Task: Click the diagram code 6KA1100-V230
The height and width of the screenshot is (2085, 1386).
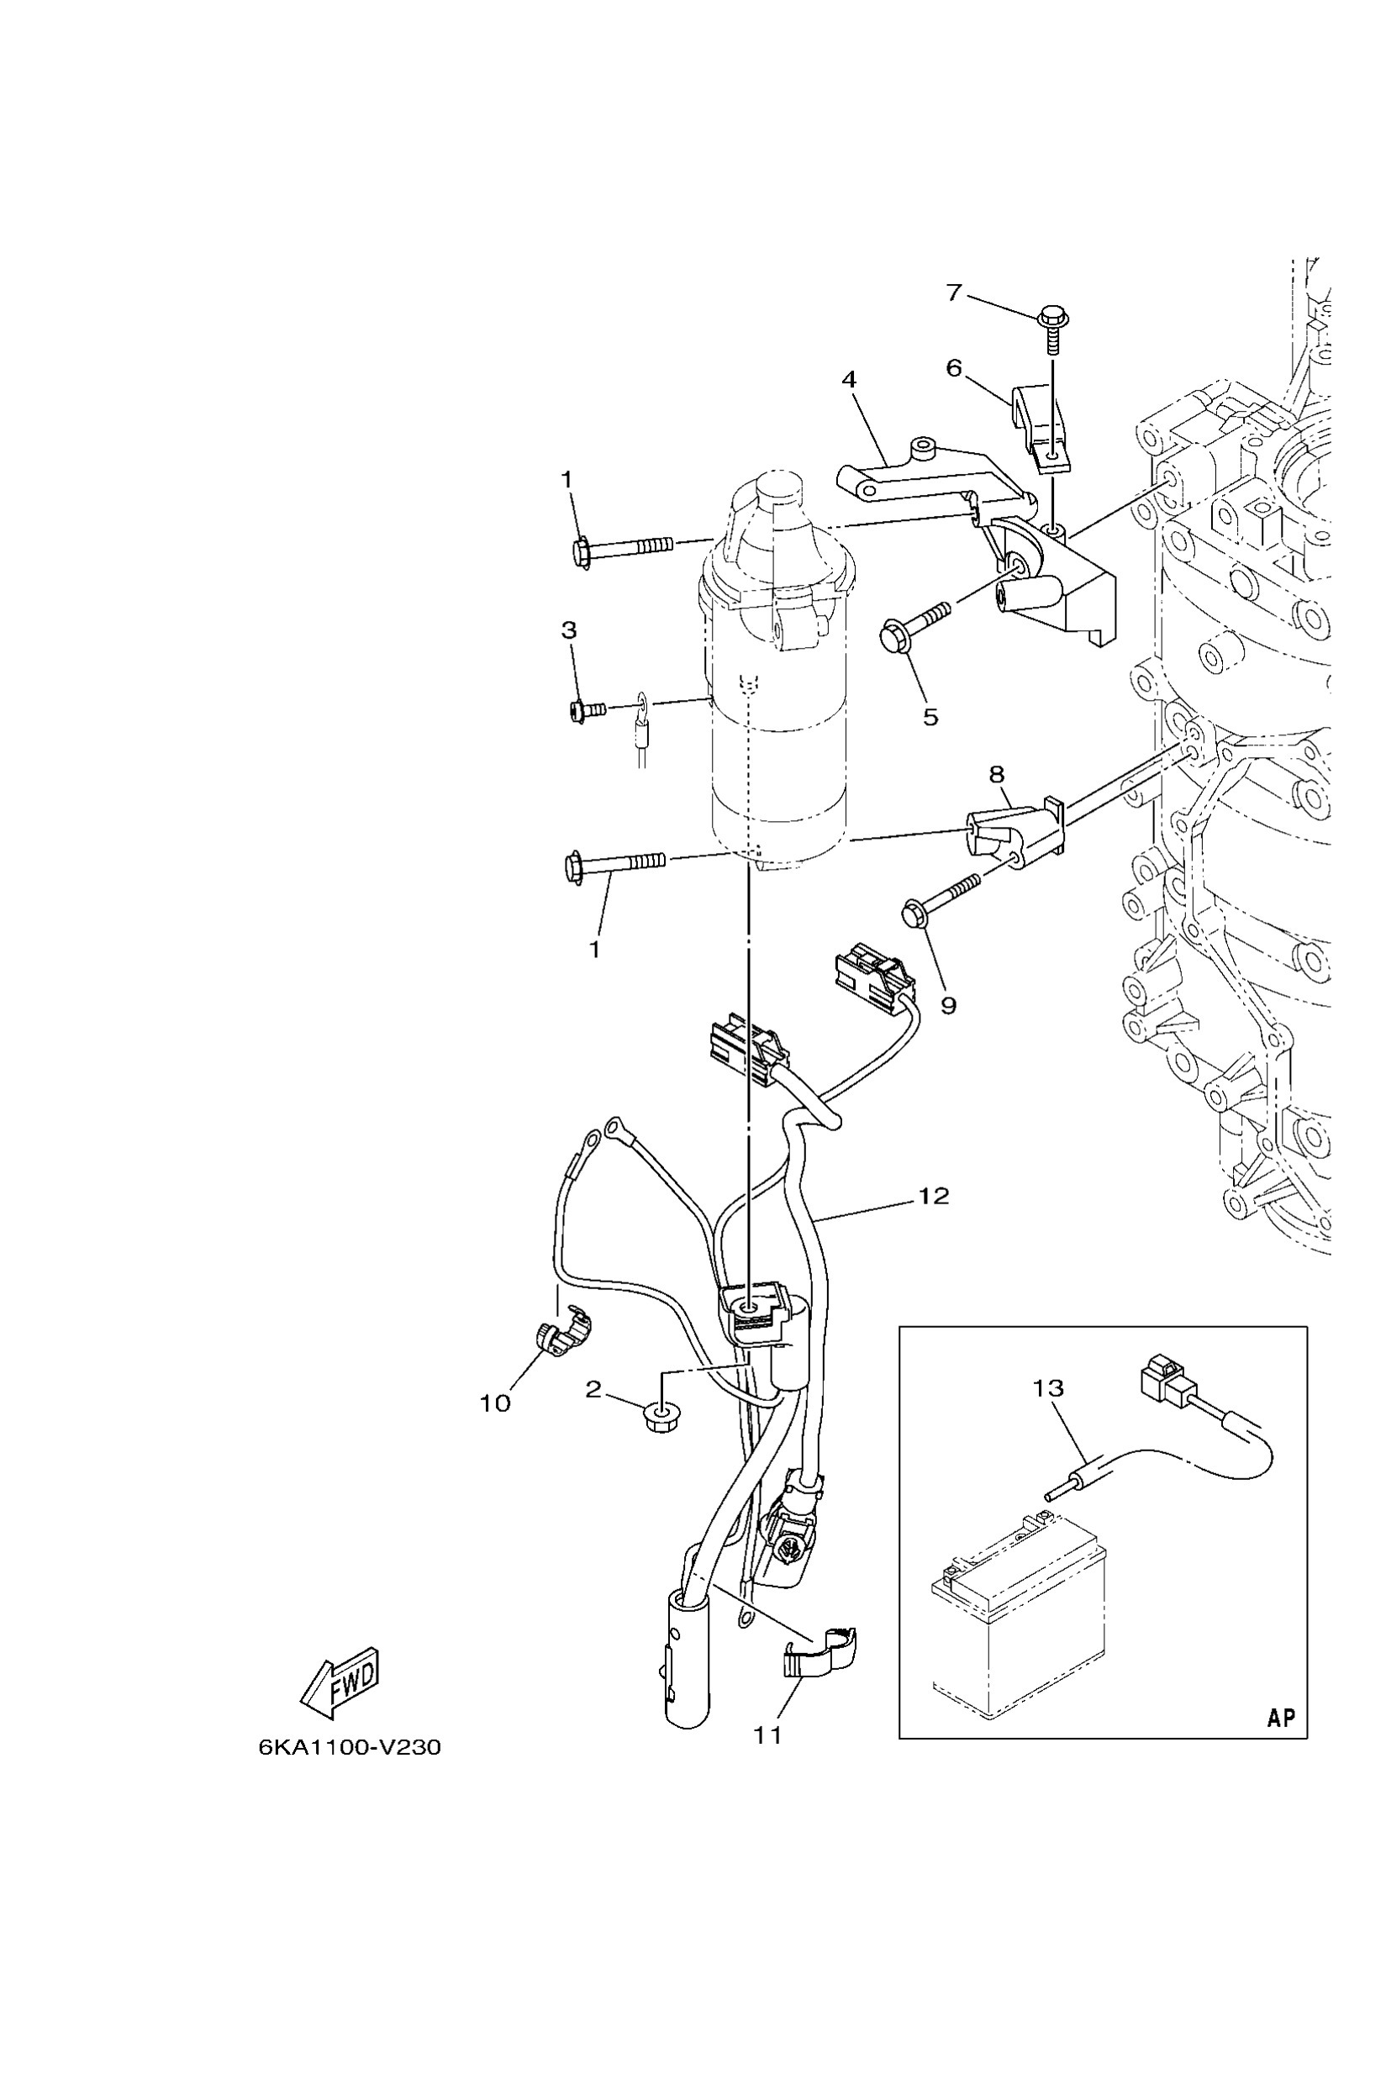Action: (x=349, y=1747)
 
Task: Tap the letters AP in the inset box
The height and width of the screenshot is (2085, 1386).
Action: (x=1281, y=1717)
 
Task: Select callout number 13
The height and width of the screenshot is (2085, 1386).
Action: (x=1048, y=1388)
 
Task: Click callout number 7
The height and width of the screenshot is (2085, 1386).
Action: (x=953, y=292)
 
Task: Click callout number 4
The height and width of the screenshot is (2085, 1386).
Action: (x=849, y=380)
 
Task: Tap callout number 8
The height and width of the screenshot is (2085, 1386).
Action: (x=996, y=775)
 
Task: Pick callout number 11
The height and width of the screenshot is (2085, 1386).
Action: (x=767, y=1735)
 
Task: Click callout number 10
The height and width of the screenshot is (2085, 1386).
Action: (x=495, y=1403)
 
